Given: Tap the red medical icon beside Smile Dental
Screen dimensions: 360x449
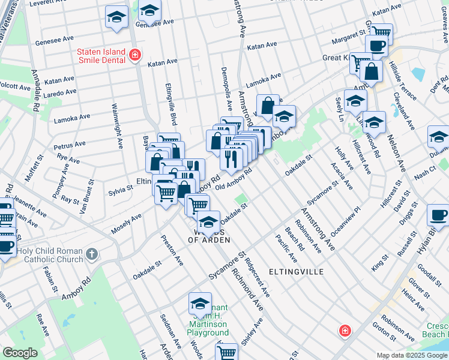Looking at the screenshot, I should [x=135, y=56].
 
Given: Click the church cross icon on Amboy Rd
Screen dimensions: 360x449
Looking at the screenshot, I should [x=91, y=254].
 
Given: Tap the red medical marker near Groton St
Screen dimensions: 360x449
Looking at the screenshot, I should [x=345, y=330].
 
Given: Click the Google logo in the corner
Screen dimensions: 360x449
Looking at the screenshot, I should [x=20, y=353].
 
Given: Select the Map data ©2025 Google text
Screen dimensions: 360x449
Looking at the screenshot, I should [x=412, y=355].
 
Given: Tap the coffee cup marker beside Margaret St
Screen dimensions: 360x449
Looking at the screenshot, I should [x=376, y=46].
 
